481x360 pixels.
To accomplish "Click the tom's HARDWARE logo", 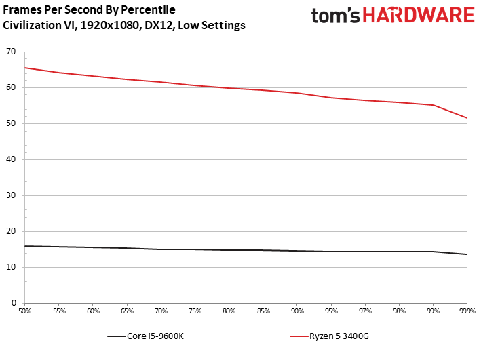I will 392,16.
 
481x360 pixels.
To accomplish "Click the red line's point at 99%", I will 433,105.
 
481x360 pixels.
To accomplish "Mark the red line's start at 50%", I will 26,68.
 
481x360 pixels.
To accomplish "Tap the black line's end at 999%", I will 467,254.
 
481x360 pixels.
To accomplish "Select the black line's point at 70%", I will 161,249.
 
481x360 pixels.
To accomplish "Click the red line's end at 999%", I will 467,118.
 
